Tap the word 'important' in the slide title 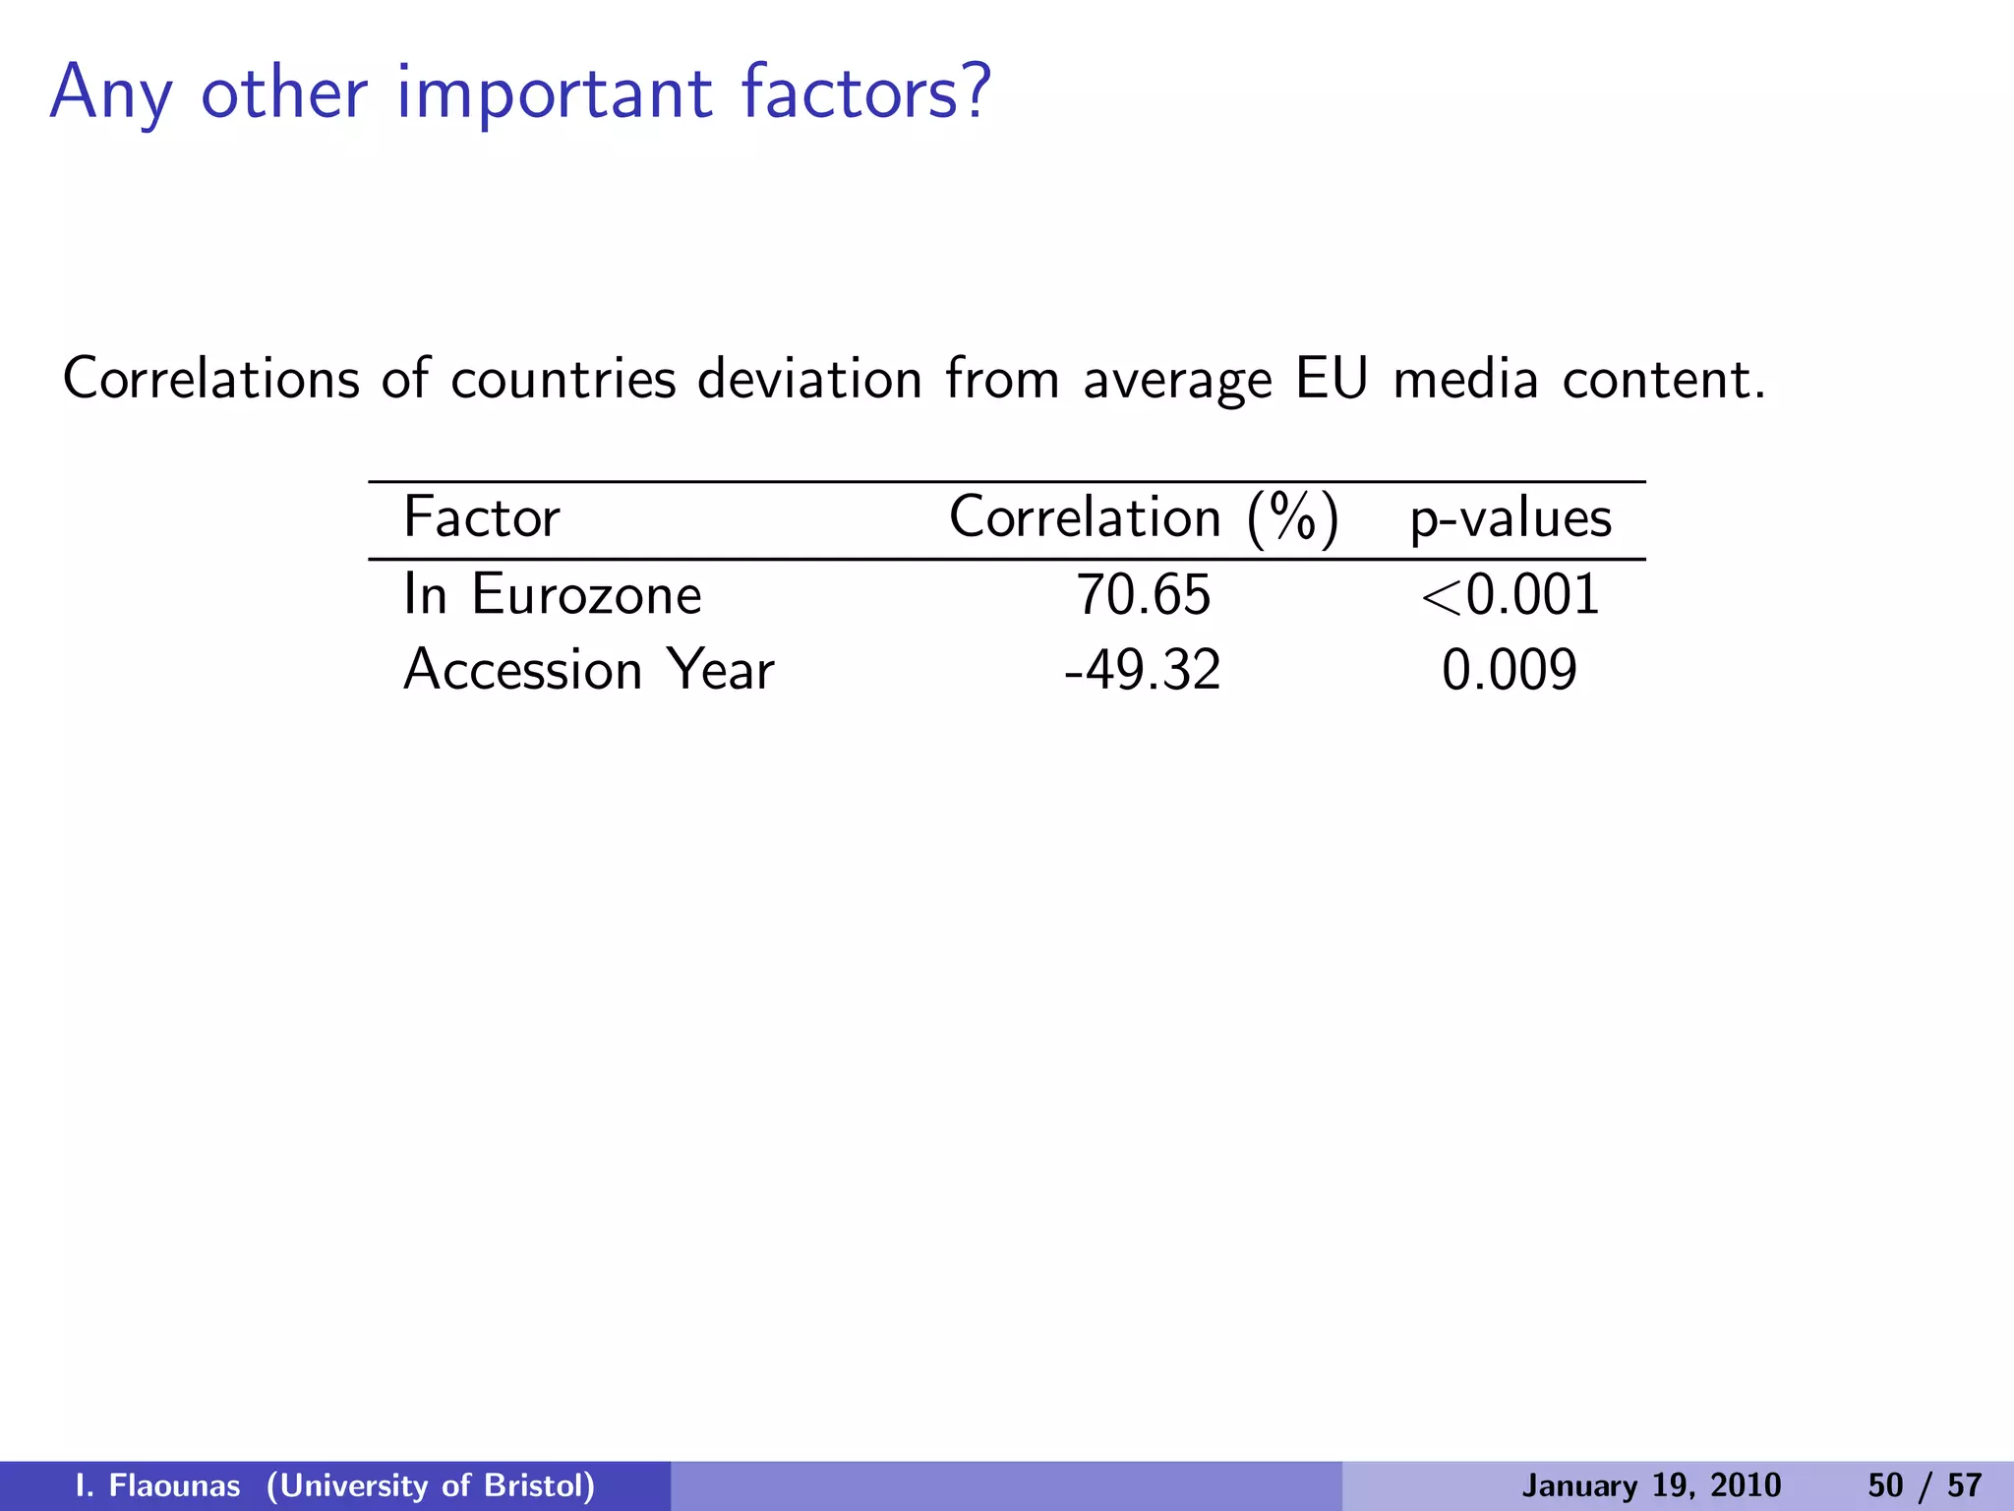pos(555,94)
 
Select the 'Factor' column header pos(482,517)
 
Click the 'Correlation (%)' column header pos(1144,518)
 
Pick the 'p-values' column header pos(1510,519)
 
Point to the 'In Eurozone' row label pos(553,595)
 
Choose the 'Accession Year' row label pos(589,670)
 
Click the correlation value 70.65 pos(1144,595)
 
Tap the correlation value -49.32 pos(1143,670)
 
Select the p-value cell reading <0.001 pos(1510,595)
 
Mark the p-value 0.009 pos(1510,670)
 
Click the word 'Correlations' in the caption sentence pos(211,379)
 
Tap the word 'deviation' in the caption pos(809,379)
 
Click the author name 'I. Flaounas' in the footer pos(158,1485)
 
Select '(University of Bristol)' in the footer pos(431,1485)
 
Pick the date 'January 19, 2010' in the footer pos(1651,1485)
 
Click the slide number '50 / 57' pos(1925,1485)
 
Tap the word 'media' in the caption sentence pos(1465,379)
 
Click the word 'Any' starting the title pos(111,94)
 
